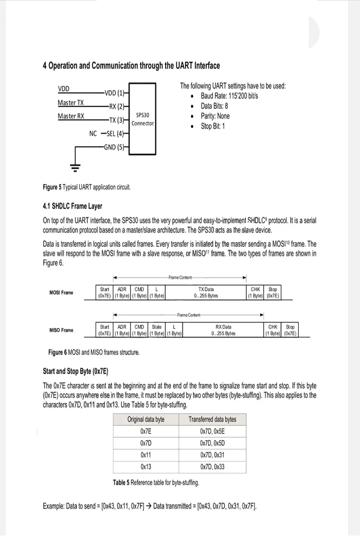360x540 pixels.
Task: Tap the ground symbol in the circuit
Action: point(75,168)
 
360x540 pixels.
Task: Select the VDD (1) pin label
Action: point(114,93)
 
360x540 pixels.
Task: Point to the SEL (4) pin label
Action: point(115,133)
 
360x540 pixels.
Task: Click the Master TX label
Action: point(70,103)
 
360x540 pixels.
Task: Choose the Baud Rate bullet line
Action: point(229,96)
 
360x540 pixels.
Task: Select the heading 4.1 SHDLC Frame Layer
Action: point(72,206)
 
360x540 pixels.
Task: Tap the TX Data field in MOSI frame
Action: point(206,292)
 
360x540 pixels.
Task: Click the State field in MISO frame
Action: point(157,330)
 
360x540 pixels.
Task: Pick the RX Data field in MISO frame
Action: point(223,330)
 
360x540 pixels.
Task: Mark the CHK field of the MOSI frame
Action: point(255,292)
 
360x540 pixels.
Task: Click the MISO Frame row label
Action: point(61,330)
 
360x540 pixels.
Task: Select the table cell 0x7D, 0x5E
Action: point(212,431)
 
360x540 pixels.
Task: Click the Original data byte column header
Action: point(146,419)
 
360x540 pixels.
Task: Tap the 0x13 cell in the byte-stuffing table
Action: point(146,467)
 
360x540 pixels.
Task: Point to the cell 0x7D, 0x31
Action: point(212,455)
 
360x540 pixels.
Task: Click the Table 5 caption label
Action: point(121,483)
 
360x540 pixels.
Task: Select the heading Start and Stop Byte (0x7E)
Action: point(76,371)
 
